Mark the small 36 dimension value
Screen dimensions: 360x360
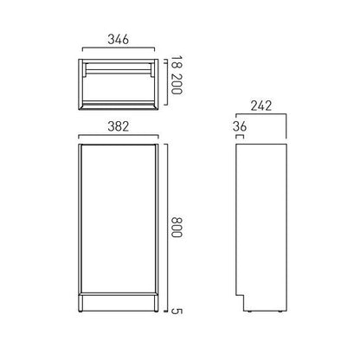[x=241, y=128]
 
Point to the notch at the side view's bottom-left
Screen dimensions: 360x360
[x=241, y=303]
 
